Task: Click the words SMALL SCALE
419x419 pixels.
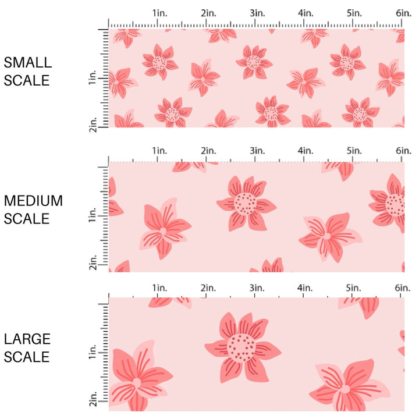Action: tap(27, 71)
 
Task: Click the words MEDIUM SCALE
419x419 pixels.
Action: tap(33, 210)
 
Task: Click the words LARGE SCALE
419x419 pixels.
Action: tap(27, 347)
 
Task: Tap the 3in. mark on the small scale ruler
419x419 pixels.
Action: tap(257, 13)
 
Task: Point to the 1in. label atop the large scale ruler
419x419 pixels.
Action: tap(159, 288)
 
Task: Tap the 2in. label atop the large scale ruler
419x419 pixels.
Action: tap(209, 288)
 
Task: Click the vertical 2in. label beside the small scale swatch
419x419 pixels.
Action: tap(94, 123)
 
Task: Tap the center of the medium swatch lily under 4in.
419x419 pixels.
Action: tap(327, 236)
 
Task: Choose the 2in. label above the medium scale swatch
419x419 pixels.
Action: tap(209, 151)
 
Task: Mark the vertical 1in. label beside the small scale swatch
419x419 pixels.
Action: tap(94, 79)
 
